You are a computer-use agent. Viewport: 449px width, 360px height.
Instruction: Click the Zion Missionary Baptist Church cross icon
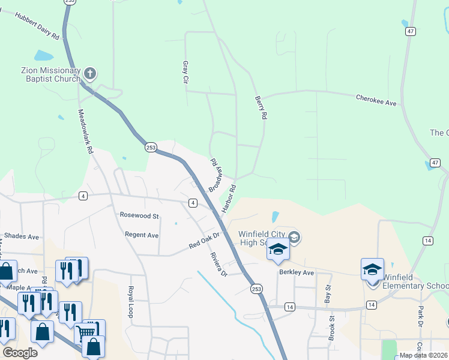(90, 74)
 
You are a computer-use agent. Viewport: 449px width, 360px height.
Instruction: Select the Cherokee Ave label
(376, 100)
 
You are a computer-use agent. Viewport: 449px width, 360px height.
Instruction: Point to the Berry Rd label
(260, 107)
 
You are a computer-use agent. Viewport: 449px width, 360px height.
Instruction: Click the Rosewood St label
(139, 215)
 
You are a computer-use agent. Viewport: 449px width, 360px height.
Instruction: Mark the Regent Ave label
(141, 235)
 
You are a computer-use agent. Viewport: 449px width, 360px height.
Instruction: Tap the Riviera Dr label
(218, 264)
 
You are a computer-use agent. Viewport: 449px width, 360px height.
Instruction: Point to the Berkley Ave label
(297, 272)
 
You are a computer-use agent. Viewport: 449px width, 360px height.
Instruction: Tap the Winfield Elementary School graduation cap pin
(372, 270)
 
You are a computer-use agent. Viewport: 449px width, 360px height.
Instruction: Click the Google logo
(20, 353)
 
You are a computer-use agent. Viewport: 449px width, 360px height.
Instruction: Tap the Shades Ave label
(21, 236)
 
